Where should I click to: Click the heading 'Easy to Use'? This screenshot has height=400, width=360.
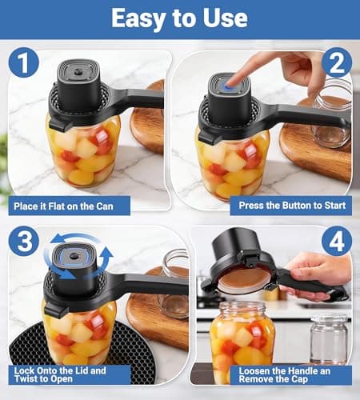[179, 19]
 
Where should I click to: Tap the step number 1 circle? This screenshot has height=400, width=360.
[24, 63]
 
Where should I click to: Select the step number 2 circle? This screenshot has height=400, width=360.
[336, 63]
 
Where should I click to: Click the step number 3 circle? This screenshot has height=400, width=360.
[24, 241]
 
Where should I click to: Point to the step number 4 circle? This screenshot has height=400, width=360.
[336, 241]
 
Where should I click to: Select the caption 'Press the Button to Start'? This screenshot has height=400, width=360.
[290, 206]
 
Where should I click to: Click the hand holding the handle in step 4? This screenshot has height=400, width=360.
[320, 268]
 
